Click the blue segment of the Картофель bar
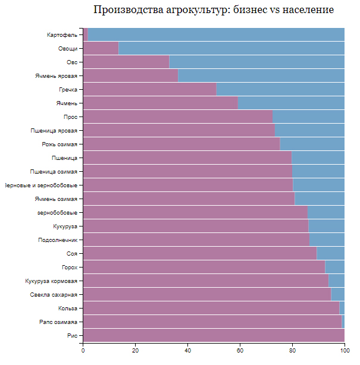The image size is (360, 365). pos(216,35)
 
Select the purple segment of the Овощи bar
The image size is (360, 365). pos(101,49)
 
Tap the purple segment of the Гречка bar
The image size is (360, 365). pos(149,89)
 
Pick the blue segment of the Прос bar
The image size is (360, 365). pos(308,117)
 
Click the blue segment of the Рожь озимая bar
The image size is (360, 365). pos(312,144)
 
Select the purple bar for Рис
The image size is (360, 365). pos(214,336)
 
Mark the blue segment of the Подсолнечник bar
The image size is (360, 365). pos(327,240)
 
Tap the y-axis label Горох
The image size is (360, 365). pos(70,267)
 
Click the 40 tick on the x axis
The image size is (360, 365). pos(187,351)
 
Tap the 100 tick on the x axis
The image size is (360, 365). pos(345,351)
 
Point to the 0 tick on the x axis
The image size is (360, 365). pos(83,351)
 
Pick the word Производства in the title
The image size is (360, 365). pos(126,10)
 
